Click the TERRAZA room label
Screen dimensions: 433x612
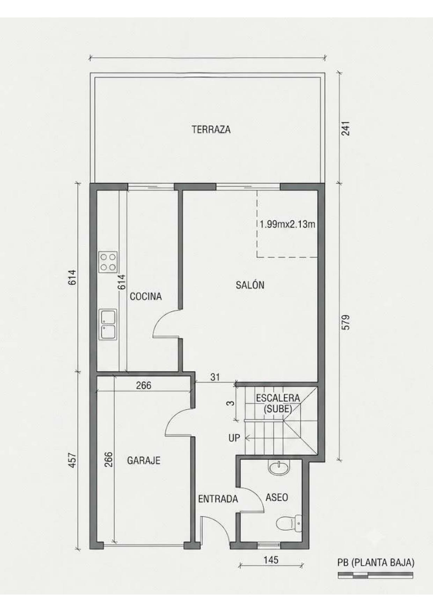(211, 130)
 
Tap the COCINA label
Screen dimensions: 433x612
(146, 296)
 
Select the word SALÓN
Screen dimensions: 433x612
(250, 285)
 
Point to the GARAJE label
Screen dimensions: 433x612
(144, 460)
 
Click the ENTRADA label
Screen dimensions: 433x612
(218, 499)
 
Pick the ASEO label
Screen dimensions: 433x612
(277, 497)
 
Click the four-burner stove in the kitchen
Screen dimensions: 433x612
(108, 262)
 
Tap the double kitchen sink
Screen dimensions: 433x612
(108, 324)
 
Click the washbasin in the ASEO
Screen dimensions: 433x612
(279, 467)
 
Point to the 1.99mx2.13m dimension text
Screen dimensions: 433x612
(287, 224)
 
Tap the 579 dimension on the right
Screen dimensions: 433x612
(345, 322)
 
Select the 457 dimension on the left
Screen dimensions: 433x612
(72, 460)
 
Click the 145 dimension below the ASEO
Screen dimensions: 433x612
(271, 560)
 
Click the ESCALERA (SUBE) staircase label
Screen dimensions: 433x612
(278, 403)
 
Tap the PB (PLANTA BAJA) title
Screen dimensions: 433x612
(376, 563)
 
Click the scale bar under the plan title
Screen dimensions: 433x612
(375, 576)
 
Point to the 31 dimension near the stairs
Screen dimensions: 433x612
(215, 377)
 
